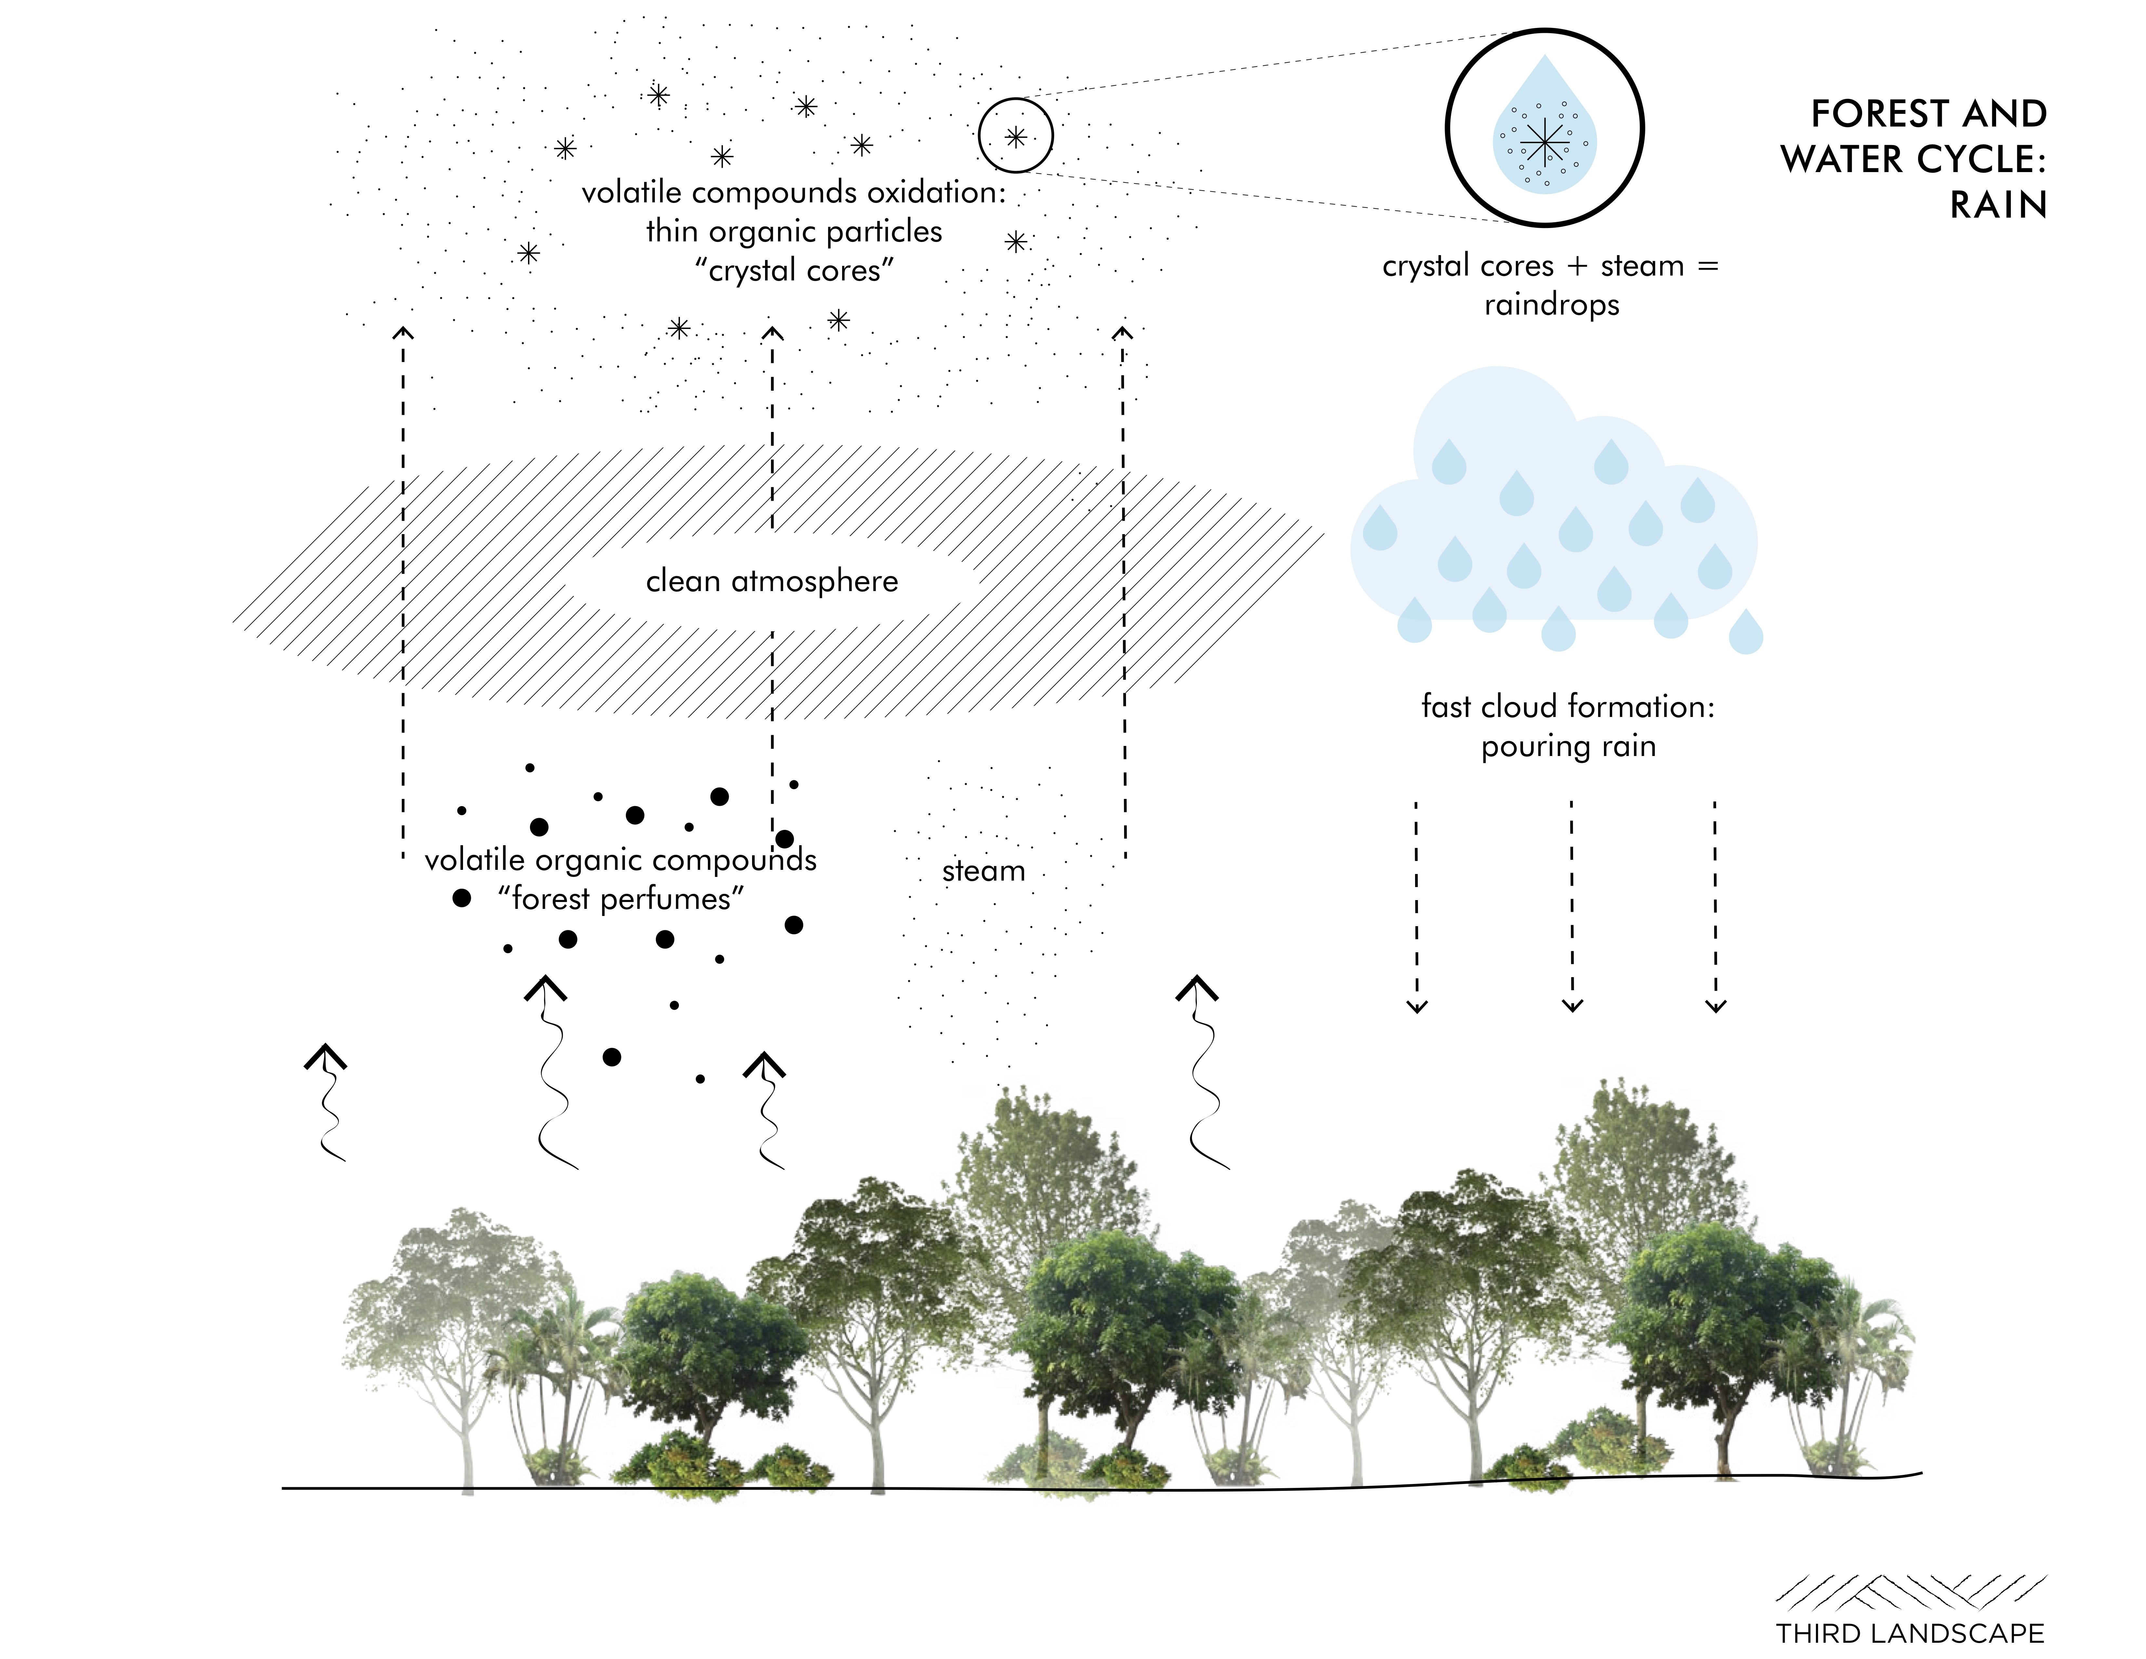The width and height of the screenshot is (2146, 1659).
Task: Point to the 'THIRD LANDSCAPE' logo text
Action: [x=1909, y=1633]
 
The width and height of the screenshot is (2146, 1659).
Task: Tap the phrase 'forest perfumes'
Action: [x=621, y=898]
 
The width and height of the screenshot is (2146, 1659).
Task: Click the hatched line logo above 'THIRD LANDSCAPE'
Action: [x=1909, y=1590]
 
